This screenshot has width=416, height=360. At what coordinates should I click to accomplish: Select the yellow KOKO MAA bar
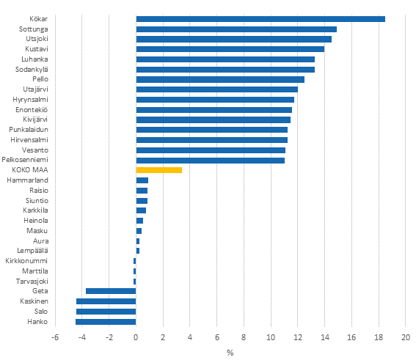tap(158, 170)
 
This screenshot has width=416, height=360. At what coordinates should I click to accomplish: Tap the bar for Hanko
tap(106, 321)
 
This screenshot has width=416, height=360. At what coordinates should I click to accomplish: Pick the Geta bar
tap(111, 291)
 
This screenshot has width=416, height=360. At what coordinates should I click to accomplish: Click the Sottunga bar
tap(236, 29)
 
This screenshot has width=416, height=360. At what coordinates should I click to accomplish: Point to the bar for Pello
tap(220, 79)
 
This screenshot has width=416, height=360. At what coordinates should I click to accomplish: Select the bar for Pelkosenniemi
tap(210, 160)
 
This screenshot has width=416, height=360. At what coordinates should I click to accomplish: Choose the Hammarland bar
tap(142, 180)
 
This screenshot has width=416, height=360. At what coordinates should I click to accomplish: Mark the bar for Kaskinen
tap(106, 301)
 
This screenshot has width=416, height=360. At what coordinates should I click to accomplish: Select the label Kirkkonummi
tap(26, 261)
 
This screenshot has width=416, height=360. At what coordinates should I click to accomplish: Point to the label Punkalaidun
tap(29, 130)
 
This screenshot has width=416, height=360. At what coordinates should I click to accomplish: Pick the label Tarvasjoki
tap(32, 281)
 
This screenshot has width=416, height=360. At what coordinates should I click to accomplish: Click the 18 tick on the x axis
tap(379, 337)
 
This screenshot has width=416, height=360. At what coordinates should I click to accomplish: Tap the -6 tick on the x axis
tap(54, 337)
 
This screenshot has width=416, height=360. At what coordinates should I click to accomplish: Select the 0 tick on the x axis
tap(136, 337)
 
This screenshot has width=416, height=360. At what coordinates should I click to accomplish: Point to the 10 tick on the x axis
tap(271, 337)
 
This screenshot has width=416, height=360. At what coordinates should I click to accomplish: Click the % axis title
tap(230, 353)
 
